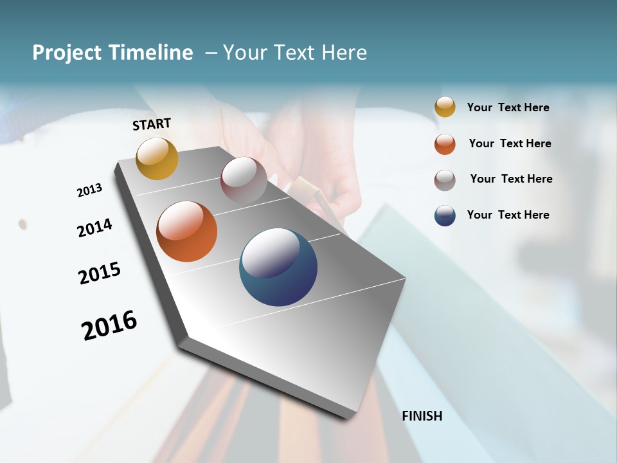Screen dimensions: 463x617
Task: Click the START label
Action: (x=152, y=124)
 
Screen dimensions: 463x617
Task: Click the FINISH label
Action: (x=422, y=416)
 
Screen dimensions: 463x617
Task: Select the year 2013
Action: (x=89, y=190)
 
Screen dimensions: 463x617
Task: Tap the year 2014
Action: (x=94, y=228)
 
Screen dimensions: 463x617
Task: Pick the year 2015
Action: (x=100, y=273)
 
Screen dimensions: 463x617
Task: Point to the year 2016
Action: (x=109, y=325)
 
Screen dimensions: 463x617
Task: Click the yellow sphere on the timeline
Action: (x=157, y=158)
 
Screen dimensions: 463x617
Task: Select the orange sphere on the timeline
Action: (x=186, y=232)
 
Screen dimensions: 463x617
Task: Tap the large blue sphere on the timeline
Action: (x=278, y=267)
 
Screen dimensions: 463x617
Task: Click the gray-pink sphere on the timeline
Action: (x=244, y=179)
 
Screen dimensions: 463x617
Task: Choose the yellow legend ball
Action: (x=445, y=107)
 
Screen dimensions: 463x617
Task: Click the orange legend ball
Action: (x=445, y=144)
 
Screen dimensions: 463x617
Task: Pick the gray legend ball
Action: (x=445, y=180)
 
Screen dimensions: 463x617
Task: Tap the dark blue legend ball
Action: (x=445, y=215)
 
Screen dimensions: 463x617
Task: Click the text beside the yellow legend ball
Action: (x=508, y=107)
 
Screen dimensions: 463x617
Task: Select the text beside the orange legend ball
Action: (x=510, y=143)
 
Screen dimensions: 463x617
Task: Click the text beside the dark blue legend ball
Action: (x=508, y=215)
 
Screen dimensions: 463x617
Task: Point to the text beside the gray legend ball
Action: (x=511, y=179)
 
